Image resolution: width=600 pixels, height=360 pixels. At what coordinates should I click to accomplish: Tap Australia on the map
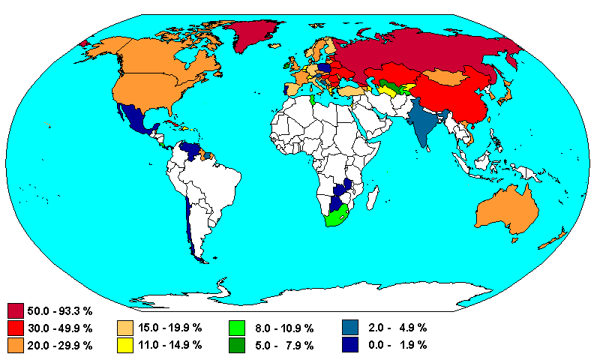click(x=506, y=211)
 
